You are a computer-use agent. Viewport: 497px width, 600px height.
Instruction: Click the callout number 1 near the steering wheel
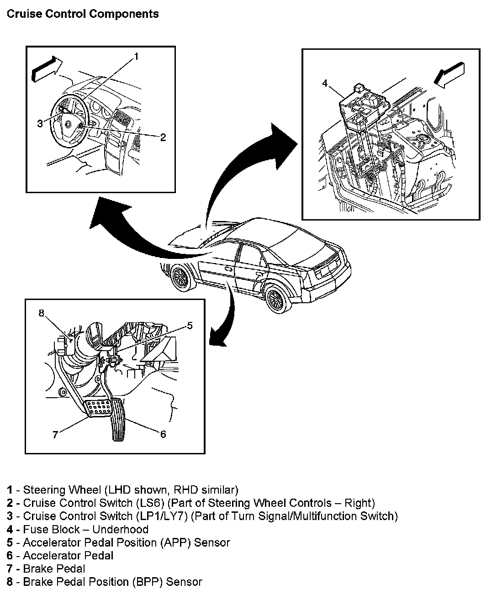click(136, 57)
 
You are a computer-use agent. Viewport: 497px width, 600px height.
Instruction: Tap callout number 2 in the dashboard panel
click(163, 137)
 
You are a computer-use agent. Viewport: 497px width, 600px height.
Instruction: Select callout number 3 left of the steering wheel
click(40, 123)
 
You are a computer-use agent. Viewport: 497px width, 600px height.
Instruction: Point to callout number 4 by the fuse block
click(325, 84)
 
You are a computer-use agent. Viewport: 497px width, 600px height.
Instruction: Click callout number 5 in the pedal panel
click(190, 326)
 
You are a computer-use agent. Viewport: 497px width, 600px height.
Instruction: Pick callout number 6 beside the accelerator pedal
click(163, 434)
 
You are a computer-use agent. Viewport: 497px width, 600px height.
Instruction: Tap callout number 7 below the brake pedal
click(55, 435)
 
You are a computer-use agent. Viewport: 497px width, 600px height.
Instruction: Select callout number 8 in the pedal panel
click(41, 313)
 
